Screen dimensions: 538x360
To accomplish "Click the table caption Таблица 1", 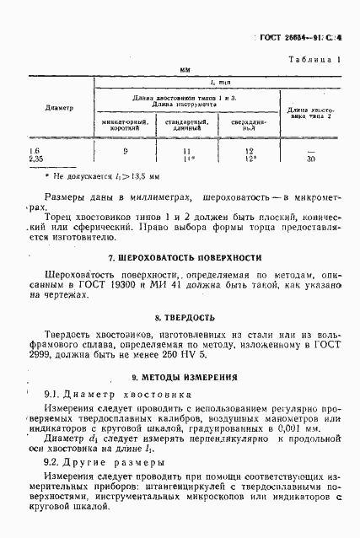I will (314, 60).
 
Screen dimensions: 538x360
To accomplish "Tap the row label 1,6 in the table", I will (35, 150).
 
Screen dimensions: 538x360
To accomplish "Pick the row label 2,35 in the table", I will (36, 159).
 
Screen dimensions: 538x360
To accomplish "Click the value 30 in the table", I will (311, 159).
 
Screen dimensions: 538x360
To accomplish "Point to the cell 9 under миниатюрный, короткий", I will (126, 151).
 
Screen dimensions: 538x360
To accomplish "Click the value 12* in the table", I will (250, 159).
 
